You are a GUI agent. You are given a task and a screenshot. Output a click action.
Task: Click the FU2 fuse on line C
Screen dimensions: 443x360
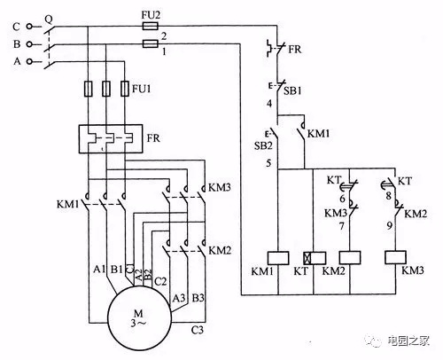click(x=151, y=26)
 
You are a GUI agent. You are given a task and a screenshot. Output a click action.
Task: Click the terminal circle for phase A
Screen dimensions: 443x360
click(x=29, y=61)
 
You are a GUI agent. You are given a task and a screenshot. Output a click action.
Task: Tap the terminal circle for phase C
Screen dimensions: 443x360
click(x=29, y=27)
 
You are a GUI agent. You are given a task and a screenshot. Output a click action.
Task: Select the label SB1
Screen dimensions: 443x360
click(x=292, y=90)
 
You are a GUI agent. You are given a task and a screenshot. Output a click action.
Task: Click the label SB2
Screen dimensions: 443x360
click(x=263, y=145)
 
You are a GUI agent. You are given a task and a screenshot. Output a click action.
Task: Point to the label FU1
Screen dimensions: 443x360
click(x=141, y=89)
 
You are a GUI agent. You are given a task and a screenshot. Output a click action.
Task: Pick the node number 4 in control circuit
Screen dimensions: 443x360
click(x=269, y=104)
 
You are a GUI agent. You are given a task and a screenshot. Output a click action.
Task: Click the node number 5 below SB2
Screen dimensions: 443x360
click(x=268, y=163)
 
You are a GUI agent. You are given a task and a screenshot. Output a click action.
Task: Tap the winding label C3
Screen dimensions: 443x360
click(x=198, y=329)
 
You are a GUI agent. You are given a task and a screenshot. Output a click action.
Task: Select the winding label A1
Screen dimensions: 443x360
click(x=99, y=269)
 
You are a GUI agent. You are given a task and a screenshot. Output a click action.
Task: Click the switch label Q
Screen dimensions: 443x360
click(x=49, y=20)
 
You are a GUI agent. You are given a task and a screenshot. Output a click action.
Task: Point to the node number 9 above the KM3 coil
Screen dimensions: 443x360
click(x=390, y=225)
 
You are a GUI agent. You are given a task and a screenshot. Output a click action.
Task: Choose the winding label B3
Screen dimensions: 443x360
click(x=198, y=298)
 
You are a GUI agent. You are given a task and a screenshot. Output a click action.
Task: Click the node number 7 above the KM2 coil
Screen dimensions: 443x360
click(x=342, y=226)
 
